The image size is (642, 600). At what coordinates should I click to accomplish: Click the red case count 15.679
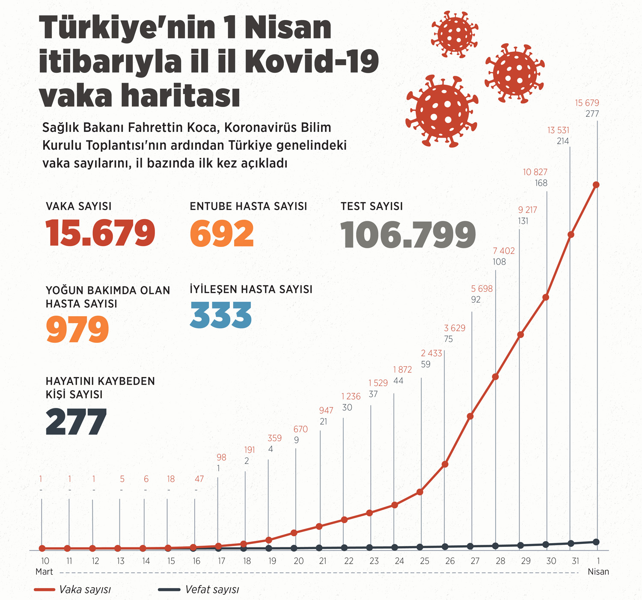click(x=100, y=234)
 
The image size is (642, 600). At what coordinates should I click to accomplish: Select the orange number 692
click(x=222, y=234)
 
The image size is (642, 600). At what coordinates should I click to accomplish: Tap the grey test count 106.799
click(x=408, y=235)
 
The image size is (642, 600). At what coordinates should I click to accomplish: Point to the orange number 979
click(x=77, y=329)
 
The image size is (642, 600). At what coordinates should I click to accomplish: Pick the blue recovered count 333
click(x=221, y=316)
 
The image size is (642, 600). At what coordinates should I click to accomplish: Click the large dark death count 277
click(x=76, y=422)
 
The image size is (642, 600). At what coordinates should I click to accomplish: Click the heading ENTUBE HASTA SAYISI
click(x=248, y=206)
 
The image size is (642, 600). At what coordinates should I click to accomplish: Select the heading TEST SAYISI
click(x=372, y=206)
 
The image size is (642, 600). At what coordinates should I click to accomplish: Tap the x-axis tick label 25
click(x=425, y=561)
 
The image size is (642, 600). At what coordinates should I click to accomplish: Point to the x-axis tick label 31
click(x=576, y=561)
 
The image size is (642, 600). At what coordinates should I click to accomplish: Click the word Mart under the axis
click(x=44, y=572)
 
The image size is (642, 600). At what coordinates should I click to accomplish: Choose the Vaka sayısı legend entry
click(x=73, y=590)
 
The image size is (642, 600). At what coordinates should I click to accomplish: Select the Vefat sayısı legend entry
click(x=199, y=590)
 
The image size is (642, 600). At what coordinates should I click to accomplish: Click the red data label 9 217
click(x=527, y=210)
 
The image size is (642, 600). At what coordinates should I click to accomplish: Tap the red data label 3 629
click(x=455, y=328)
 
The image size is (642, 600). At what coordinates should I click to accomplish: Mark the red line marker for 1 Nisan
click(x=596, y=185)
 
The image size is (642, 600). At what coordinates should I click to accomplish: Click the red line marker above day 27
click(x=470, y=416)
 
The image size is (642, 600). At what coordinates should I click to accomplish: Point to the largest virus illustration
click(x=442, y=111)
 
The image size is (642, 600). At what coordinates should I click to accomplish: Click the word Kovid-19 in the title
click(x=312, y=62)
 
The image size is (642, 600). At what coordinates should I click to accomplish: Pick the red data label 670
click(x=300, y=429)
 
